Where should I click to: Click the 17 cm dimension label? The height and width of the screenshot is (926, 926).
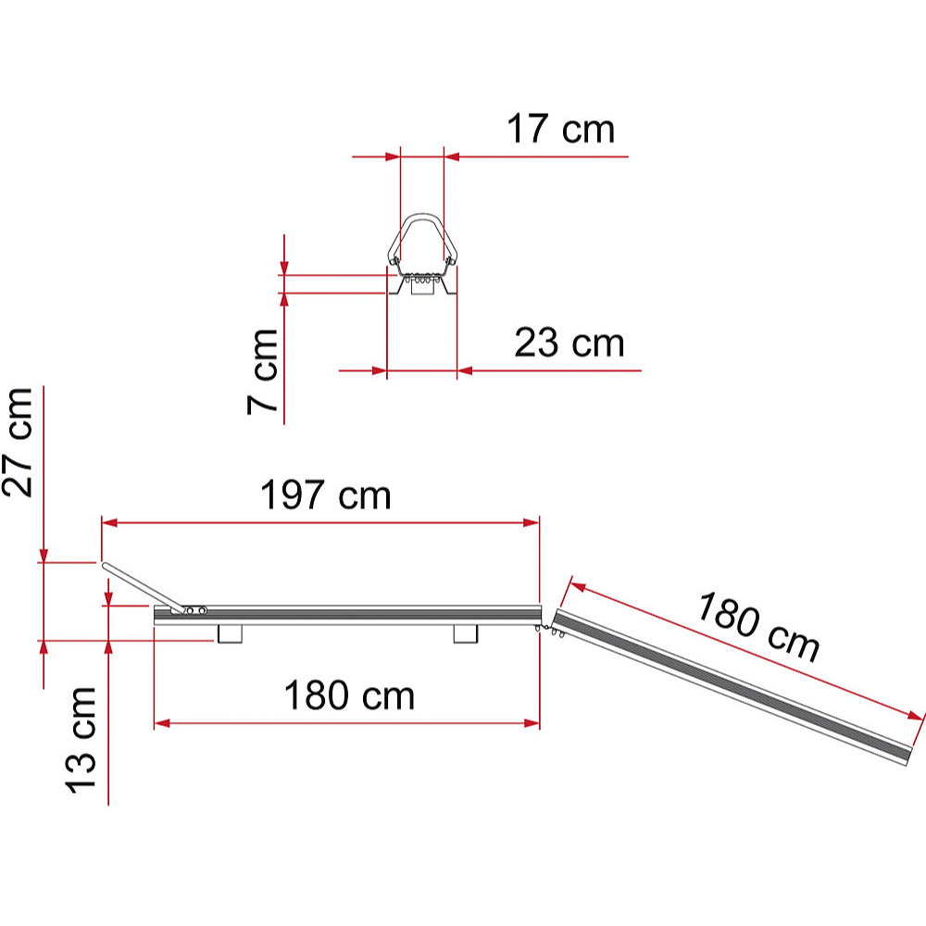561,129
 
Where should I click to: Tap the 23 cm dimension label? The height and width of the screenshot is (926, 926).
569,343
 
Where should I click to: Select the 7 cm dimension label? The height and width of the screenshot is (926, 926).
263,372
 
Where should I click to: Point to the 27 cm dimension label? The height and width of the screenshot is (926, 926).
17,443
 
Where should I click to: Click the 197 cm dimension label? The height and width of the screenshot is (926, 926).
325,494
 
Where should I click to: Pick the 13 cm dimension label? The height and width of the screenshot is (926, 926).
81,740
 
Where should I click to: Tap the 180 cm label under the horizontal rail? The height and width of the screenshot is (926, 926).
350,695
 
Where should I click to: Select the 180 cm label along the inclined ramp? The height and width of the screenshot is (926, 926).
758,627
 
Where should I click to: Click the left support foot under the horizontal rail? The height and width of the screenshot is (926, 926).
231,634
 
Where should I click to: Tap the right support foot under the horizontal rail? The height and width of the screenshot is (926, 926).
466,634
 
